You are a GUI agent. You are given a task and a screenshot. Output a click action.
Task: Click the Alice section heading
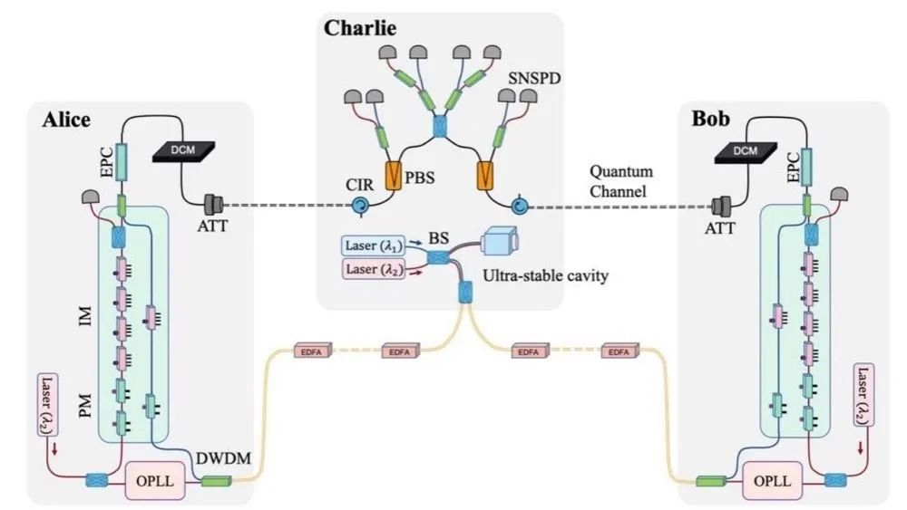[64, 122]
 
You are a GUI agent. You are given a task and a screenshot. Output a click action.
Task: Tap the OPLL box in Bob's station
[771, 477]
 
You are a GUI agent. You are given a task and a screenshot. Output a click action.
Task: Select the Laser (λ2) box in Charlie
[373, 269]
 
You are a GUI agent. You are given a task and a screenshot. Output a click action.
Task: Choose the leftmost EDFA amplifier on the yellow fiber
[311, 350]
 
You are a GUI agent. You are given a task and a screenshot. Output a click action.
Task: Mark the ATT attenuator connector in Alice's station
[215, 207]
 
